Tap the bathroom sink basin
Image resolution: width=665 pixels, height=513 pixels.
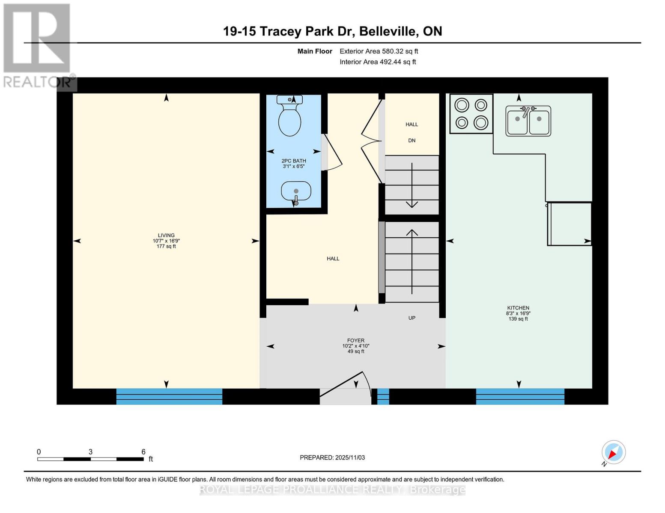pos(296,191)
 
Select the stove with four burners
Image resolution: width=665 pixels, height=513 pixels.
pos(471,114)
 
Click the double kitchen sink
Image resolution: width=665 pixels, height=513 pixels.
pos(528,121)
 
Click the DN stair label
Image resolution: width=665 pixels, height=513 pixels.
pos(412,141)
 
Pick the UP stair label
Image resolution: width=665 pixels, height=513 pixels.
pos(412,318)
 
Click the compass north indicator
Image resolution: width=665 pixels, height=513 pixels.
pos(613,452)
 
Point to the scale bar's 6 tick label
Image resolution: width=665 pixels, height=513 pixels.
pos(143,452)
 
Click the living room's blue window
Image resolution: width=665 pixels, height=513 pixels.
pos(169,396)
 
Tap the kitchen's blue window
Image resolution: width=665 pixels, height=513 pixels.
pos(520,396)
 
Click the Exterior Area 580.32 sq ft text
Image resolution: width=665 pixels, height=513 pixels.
pos(379,51)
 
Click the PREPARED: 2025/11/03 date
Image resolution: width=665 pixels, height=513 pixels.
pos(332,457)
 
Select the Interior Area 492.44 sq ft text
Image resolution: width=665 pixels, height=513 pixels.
pos(378,62)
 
